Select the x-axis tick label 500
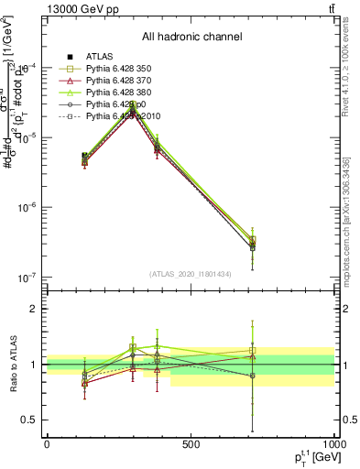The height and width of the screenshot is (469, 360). coord(191,444)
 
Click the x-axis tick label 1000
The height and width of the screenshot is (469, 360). coord(333,444)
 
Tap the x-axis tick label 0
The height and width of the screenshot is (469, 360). coord(47,444)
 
